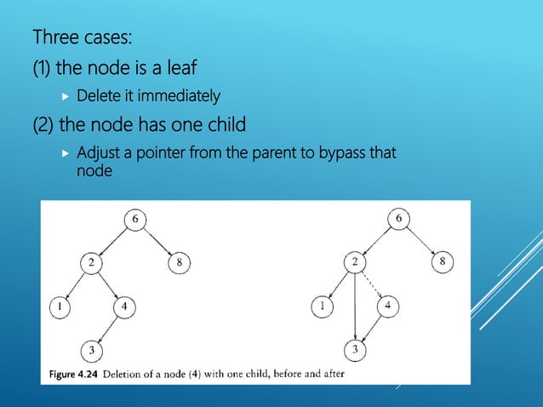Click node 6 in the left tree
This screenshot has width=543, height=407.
pos(134,220)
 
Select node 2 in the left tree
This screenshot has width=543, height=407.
pos(90,262)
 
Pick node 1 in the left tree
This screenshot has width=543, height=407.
pos(60,305)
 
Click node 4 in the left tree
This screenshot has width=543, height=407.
pos(124,306)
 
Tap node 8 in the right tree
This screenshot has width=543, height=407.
pos(443,262)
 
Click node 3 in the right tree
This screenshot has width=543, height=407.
pos(355,350)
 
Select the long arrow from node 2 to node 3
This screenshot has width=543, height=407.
pos(355,307)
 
